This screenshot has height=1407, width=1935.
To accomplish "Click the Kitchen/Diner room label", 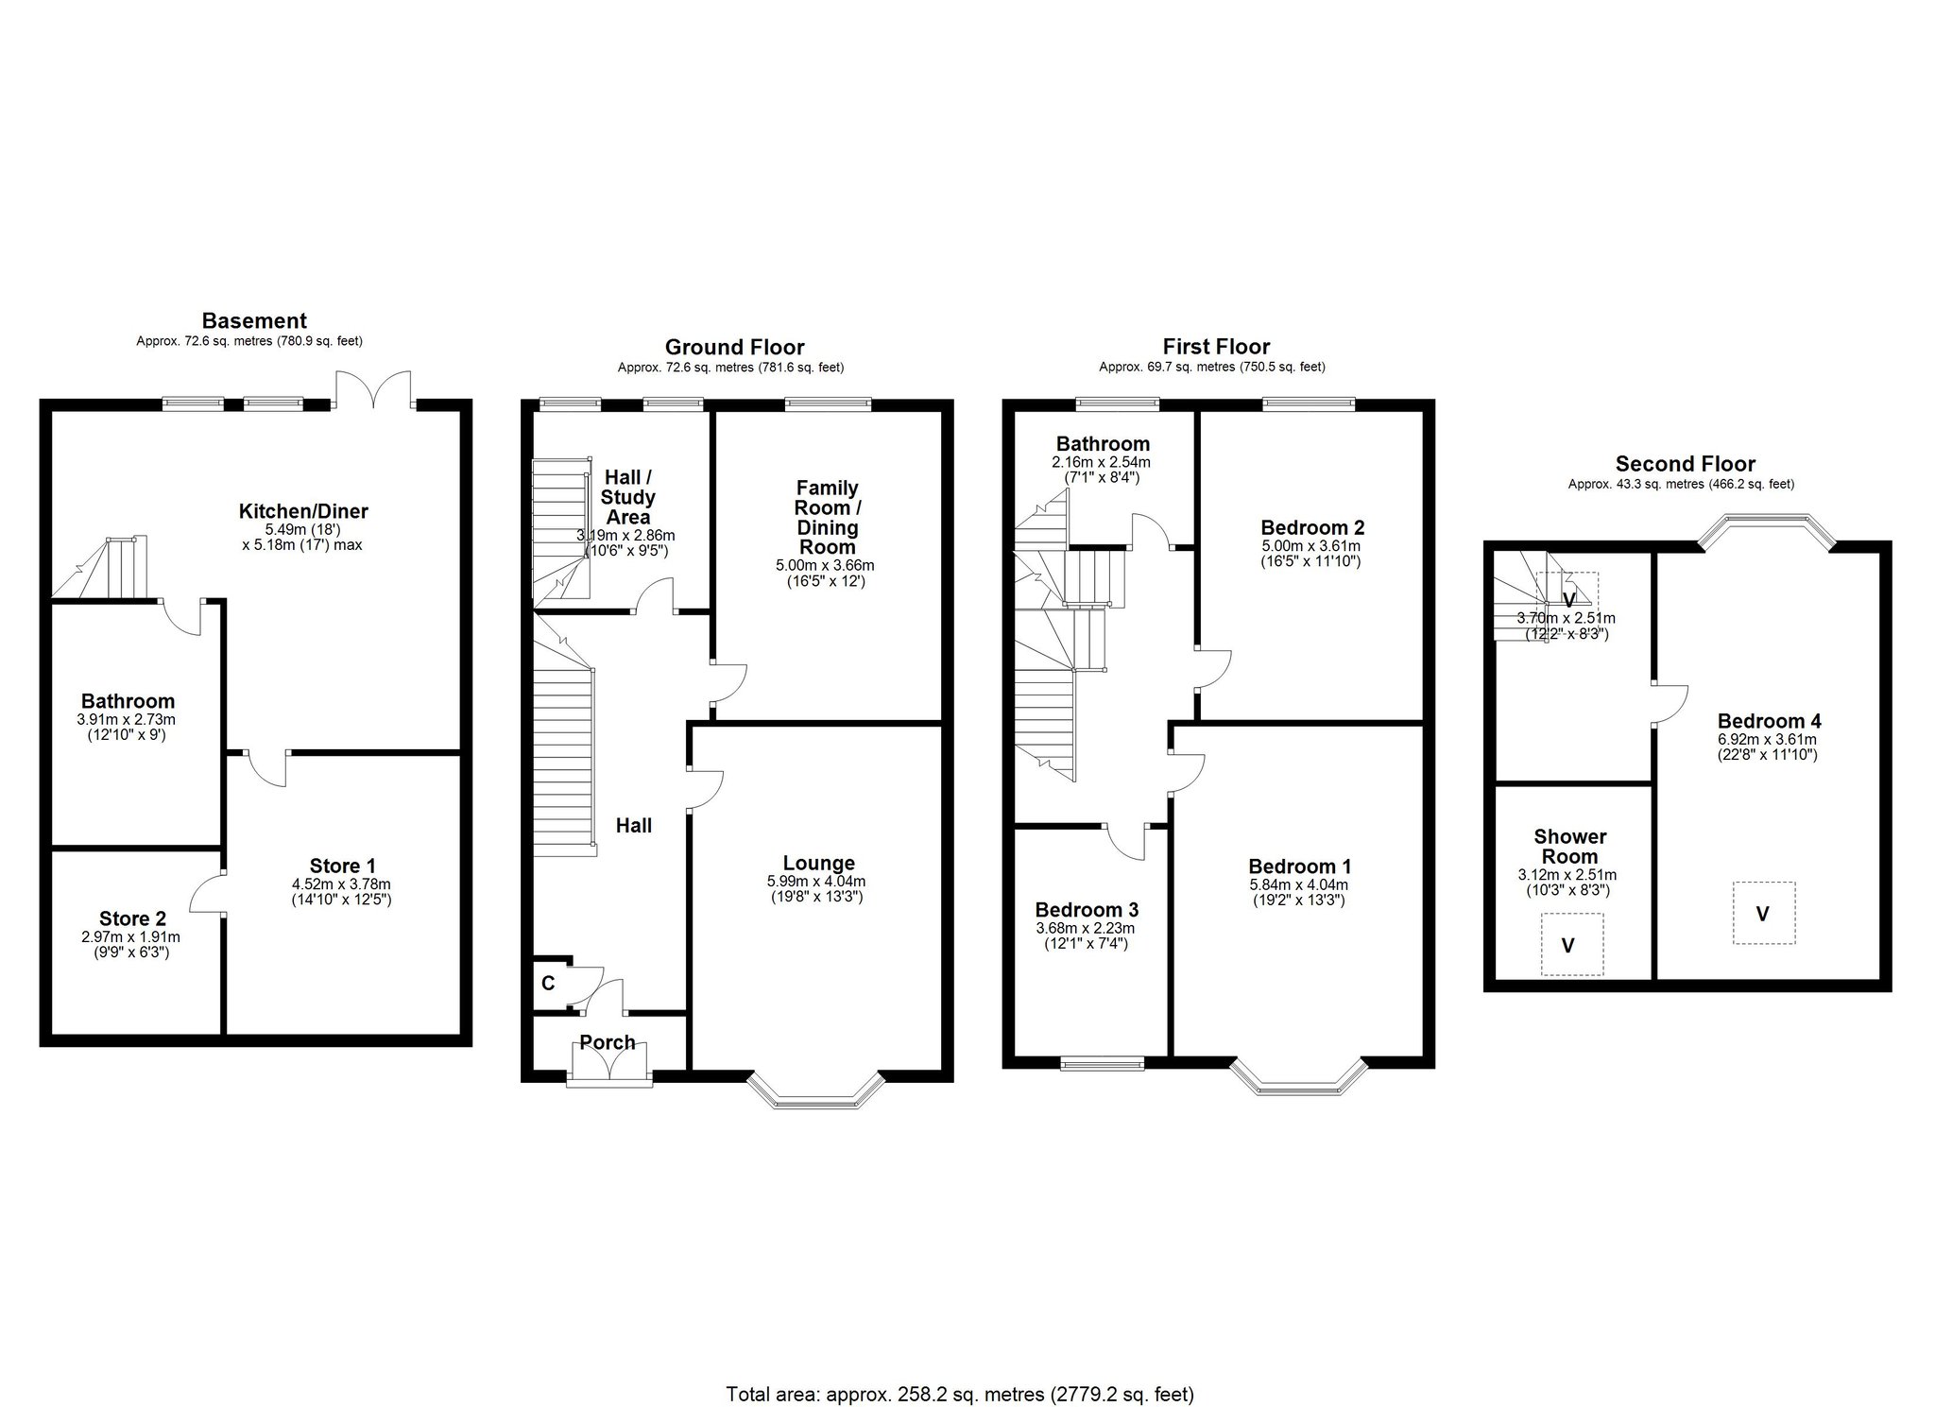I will click(x=302, y=511).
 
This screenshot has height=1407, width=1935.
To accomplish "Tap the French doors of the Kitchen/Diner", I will click(x=375, y=389).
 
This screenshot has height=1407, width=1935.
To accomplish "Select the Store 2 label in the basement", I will click(x=132, y=918).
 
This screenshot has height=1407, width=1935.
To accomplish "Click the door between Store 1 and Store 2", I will click(x=208, y=891).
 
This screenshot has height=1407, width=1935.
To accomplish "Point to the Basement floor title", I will click(x=254, y=320).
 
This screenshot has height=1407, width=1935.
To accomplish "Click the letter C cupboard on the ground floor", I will click(x=547, y=984).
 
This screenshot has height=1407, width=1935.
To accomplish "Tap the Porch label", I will click(x=607, y=1042).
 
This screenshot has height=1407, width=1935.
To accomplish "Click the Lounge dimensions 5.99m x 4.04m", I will click(x=817, y=882).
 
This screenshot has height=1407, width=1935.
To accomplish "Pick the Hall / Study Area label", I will click(x=628, y=497).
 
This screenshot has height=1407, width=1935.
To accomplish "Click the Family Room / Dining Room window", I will click(x=829, y=403).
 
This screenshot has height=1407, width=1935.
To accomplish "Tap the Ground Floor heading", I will click(x=734, y=347).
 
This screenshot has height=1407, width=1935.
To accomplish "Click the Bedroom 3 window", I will click(x=1102, y=1064).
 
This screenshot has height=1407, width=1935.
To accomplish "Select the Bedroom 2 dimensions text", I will click(x=1311, y=546).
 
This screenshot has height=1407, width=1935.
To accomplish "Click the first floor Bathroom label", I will click(x=1103, y=443).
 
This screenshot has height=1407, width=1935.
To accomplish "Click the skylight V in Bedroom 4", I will click(x=1763, y=913).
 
